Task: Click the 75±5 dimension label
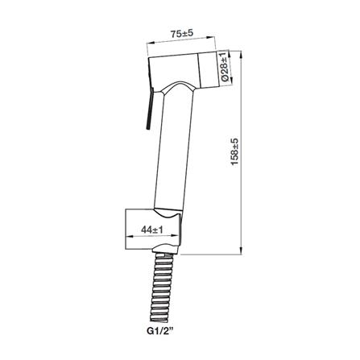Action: (182, 34)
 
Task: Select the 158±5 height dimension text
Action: (234, 152)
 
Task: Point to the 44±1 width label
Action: (152, 230)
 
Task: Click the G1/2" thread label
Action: (159, 330)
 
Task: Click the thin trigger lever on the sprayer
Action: (149, 109)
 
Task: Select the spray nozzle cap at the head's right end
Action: (209, 70)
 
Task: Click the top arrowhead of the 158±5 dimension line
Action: (242, 54)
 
